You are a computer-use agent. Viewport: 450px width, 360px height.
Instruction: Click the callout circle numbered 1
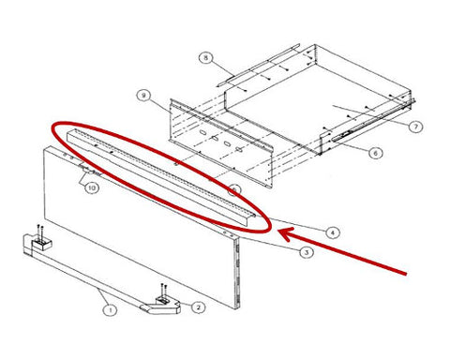tap(110, 310)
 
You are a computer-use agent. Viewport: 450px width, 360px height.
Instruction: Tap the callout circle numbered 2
tap(198, 307)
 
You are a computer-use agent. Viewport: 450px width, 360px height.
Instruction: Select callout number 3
tap(307, 252)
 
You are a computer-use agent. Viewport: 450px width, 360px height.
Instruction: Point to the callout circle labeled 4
tap(332, 232)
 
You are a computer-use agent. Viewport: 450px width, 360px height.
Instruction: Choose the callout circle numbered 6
tap(375, 153)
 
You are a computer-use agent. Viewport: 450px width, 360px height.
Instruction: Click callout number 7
tap(415, 127)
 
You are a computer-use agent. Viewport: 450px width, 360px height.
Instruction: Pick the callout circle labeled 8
tap(205, 58)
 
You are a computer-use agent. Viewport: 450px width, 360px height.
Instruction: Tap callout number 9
tap(143, 96)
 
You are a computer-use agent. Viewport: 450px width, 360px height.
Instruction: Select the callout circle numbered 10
tap(92, 187)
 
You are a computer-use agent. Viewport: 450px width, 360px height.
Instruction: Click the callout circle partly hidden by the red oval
tap(234, 190)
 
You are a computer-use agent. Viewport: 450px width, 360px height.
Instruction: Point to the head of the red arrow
tap(278, 232)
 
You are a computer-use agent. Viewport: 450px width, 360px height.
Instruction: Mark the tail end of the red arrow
tap(406, 274)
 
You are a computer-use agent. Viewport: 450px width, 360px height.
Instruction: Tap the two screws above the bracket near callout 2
tap(163, 290)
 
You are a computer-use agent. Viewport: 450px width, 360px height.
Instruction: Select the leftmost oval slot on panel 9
tap(202, 133)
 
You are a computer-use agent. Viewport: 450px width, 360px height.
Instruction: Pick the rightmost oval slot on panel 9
tap(240, 150)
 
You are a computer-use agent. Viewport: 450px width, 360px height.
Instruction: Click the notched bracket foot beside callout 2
tap(161, 306)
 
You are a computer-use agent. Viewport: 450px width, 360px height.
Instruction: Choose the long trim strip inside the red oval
tap(161, 172)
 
